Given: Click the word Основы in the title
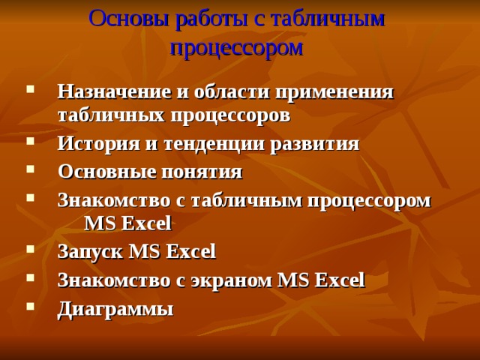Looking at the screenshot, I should [128, 18].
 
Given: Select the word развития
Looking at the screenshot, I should [318, 144].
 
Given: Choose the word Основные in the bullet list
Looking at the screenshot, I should [103, 172].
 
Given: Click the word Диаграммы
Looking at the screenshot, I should [115, 308].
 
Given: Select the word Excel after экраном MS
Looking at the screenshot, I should [340, 280].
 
